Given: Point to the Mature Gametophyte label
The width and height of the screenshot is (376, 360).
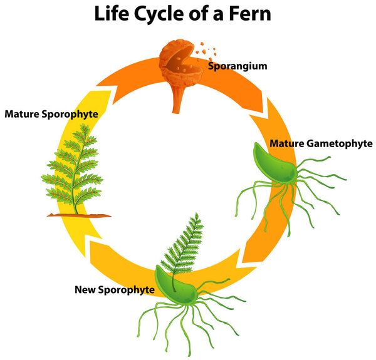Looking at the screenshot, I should point(321,143).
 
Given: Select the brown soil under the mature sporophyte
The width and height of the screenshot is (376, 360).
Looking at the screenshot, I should point(78,215).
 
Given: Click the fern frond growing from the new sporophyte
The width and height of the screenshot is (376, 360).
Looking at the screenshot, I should point(184,244).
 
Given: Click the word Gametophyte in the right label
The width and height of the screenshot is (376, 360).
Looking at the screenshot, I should point(340,143).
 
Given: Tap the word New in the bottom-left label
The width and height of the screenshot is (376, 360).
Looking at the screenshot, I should point(85,289).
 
